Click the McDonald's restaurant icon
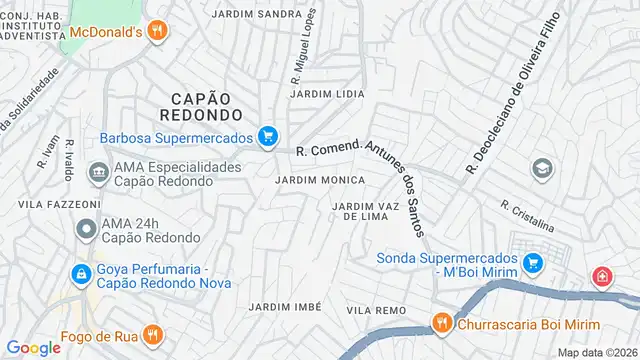click(x=156, y=31)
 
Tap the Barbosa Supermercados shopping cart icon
click(x=267, y=137)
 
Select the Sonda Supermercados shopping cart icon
click(x=533, y=263)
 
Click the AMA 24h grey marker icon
click(x=86, y=229)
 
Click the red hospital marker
click(x=603, y=276)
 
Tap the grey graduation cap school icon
click(x=542, y=168)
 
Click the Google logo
click(x=33, y=347)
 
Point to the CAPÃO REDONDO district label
click(x=201, y=107)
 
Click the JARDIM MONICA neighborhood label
click(x=319, y=179)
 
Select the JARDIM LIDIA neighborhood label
click(x=327, y=93)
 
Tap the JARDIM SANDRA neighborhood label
click(x=258, y=14)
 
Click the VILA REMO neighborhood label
click(x=376, y=311)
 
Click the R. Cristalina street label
click(x=527, y=214)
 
